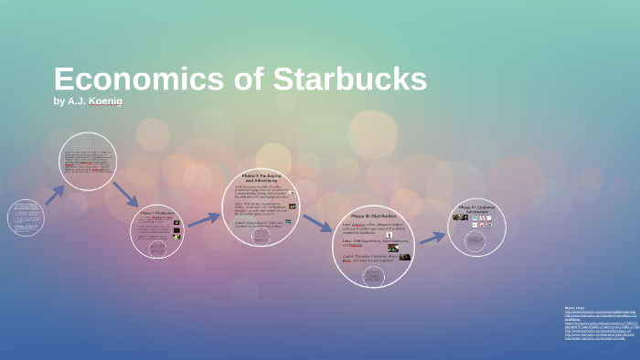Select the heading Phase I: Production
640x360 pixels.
[x=156, y=213]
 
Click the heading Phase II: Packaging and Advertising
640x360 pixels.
[x=261, y=177]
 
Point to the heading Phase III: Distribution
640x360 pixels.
[x=372, y=217]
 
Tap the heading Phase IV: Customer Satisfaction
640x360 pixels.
[x=476, y=209]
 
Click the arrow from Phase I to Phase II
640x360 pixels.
[x=204, y=219]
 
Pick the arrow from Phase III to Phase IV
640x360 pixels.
[x=432, y=238]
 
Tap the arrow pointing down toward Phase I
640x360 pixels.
[x=125, y=194]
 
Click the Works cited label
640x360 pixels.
[x=575, y=308]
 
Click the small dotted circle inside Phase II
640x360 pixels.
[x=261, y=236]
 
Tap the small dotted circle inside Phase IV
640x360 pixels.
[x=475, y=241]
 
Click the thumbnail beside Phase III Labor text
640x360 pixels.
[x=392, y=247]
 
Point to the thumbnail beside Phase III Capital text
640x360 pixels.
[x=404, y=258]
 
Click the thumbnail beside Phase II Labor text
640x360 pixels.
[x=292, y=206]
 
